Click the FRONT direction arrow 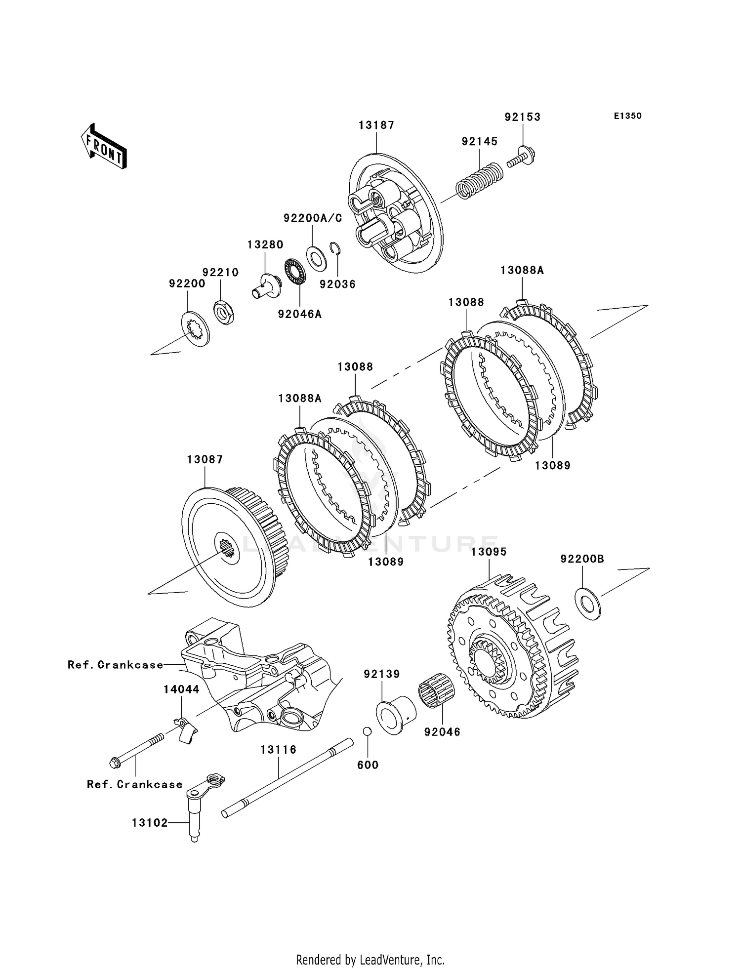(104, 147)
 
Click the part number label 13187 (376, 125)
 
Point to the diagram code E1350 (627, 116)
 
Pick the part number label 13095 (489, 552)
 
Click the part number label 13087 (205, 459)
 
